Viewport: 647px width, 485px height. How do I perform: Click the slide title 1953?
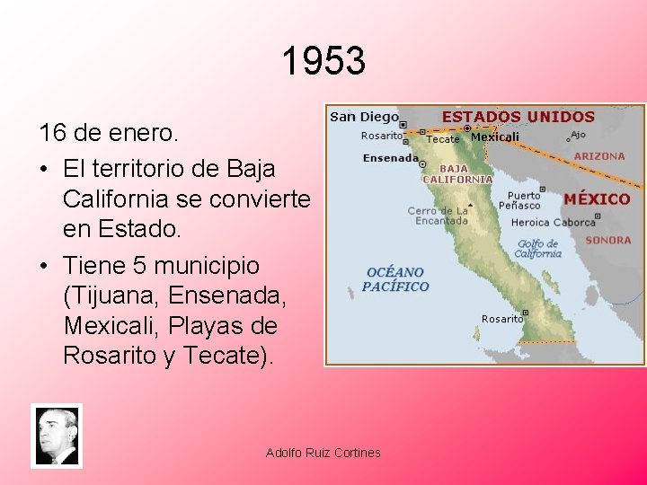323,62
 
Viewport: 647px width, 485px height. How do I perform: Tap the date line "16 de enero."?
111,135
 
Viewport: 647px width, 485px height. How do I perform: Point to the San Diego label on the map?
364,117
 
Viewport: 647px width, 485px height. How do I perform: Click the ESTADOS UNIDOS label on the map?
518,117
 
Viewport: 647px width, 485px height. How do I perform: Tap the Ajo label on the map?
577,135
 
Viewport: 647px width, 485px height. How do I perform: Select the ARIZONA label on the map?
599,156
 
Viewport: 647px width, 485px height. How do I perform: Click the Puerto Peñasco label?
524,200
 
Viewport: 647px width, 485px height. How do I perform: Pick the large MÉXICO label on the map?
597,198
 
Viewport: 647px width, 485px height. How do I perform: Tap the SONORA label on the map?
607,241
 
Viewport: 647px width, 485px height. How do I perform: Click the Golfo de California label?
538,249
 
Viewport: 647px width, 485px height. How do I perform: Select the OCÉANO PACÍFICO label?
395,279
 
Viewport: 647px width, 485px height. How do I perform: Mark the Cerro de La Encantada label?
438,216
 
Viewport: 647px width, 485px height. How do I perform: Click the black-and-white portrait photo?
56,436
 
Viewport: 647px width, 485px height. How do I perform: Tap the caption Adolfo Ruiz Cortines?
323,453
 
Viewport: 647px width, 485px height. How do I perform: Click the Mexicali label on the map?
495,137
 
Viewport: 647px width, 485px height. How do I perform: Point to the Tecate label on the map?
442,139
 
